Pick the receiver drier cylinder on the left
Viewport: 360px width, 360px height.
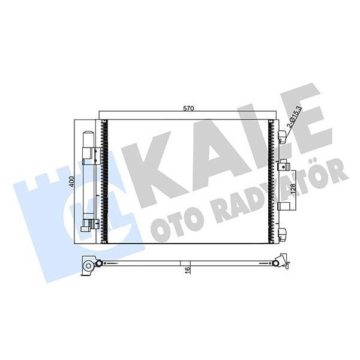click(x=88, y=180)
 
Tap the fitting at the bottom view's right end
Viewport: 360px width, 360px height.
click(x=280, y=262)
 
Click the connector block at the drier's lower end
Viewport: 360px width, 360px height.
click(x=89, y=226)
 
